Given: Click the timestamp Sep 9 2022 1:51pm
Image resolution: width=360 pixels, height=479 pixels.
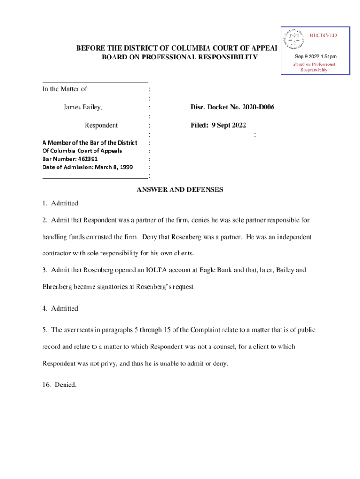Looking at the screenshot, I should coord(315,57).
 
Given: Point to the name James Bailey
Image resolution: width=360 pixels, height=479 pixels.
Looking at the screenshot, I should coord(83,108).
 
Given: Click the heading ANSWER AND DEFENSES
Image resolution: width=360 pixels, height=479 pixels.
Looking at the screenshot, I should coord(180,189).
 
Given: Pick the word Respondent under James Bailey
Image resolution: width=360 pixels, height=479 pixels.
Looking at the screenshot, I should coord(101,125).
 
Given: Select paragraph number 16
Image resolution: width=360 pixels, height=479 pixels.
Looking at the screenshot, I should coord(46,385).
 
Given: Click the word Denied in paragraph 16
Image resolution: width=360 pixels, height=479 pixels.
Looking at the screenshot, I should coord(65,385).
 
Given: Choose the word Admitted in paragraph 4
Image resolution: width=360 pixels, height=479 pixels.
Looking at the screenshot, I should coord(65,308).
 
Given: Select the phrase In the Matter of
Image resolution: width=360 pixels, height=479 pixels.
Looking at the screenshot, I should coord(65,89).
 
